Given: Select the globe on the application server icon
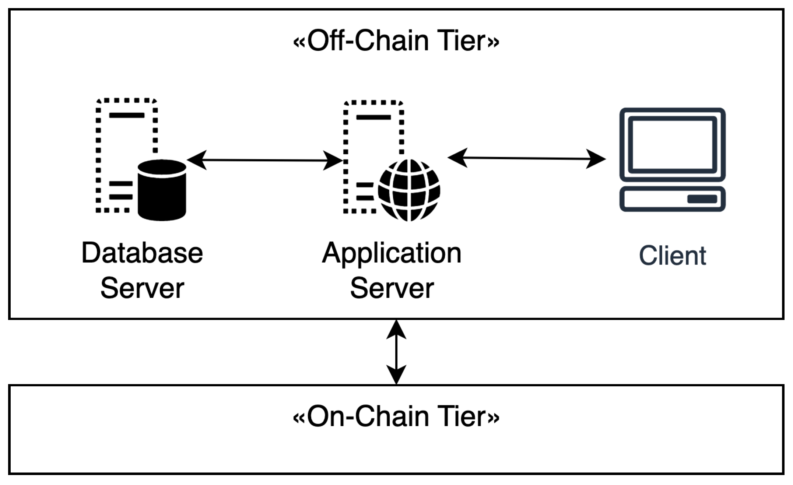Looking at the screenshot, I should pyautogui.click(x=409, y=190).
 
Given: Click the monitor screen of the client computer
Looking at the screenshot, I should pyautogui.click(x=672, y=145).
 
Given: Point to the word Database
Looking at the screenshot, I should pyautogui.click(x=142, y=253).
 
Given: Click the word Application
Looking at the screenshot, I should pyautogui.click(x=392, y=253).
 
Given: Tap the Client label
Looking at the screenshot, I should pyautogui.click(x=672, y=256).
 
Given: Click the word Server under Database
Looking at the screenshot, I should pyautogui.click(x=142, y=288).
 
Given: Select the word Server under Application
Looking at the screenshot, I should pyautogui.click(x=392, y=288).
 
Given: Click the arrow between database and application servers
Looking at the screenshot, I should pyautogui.click(x=264, y=160).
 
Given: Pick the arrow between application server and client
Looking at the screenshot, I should pyautogui.click(x=527, y=158).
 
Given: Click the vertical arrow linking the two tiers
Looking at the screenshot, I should pyautogui.click(x=396, y=352).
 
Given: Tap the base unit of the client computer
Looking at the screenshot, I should pyautogui.click(x=672, y=199).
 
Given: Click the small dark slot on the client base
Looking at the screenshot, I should pyautogui.click(x=702, y=199).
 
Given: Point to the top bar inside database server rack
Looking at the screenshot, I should pyautogui.click(x=127, y=115).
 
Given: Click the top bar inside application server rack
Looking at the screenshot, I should pyautogui.click(x=373, y=117).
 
